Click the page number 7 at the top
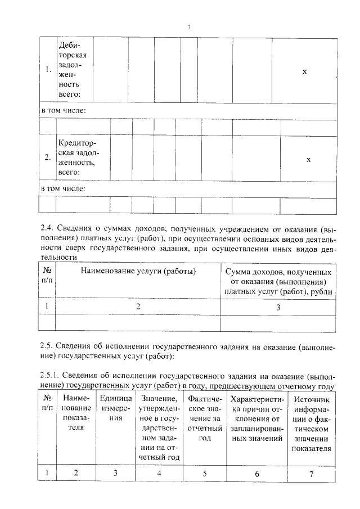pos(189,26)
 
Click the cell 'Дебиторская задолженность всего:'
pos(73,71)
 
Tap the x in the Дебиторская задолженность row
pos(304,71)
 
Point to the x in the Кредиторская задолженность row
pos(308,159)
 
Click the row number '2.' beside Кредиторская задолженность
pos(48,159)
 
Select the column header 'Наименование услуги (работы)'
pos(138,272)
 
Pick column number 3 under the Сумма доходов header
pos(278,307)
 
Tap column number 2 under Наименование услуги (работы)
pos(138,307)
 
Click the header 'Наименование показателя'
pos(76,413)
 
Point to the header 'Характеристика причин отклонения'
pos(257,418)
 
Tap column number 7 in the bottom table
pos(311,473)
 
